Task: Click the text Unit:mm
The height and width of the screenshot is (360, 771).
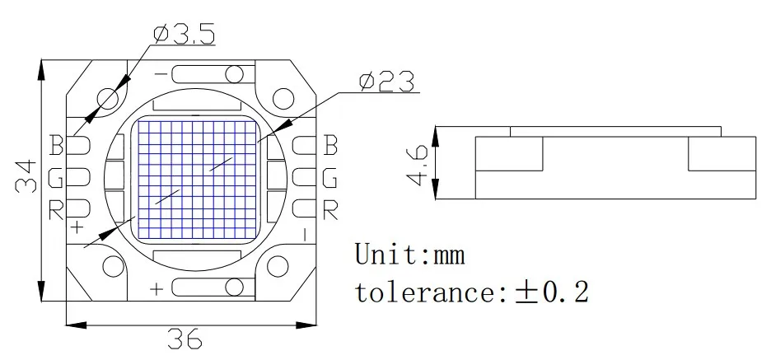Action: pyautogui.click(x=410, y=255)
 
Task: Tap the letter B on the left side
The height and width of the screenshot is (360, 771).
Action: pyautogui.click(x=56, y=146)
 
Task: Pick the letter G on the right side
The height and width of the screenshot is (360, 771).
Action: pyautogui.click(x=329, y=178)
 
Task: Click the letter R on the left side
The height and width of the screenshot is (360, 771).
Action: pyautogui.click(x=56, y=210)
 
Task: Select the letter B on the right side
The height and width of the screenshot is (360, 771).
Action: pyautogui.click(x=329, y=146)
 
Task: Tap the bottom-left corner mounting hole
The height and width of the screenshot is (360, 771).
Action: pyautogui.click(x=109, y=267)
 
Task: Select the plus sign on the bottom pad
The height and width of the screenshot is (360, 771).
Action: pyautogui.click(x=157, y=288)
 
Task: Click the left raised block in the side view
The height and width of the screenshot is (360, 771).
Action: pyautogui.click(x=510, y=154)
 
